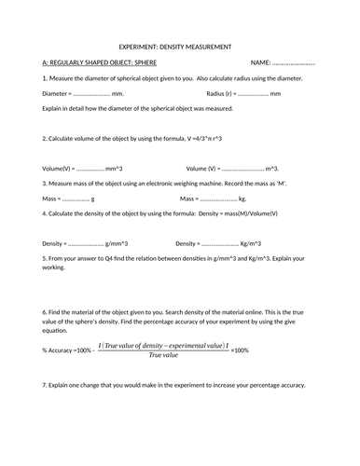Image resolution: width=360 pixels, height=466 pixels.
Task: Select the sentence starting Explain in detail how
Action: coord(142,109)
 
